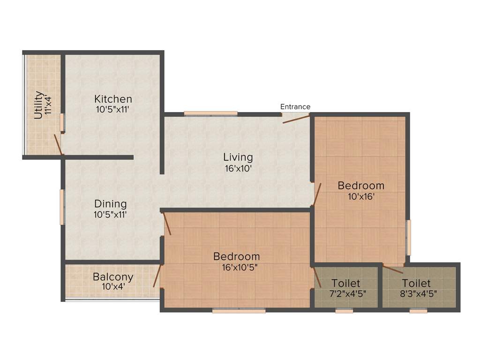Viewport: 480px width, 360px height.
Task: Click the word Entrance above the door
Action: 295,107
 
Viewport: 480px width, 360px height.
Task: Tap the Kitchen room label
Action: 113,99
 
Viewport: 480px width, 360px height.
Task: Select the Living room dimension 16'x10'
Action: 238,168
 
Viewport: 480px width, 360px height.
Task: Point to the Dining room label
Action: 111,204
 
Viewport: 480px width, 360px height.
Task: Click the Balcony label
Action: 113,277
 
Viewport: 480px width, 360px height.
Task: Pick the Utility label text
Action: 39,105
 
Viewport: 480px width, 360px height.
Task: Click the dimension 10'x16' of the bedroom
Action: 361,197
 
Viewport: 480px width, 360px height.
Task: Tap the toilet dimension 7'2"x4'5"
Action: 346,294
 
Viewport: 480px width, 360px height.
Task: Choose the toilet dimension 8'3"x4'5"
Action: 416,294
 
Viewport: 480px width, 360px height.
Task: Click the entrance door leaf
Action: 296,119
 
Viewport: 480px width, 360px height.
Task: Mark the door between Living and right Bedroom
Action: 317,194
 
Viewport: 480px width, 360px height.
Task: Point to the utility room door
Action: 58,144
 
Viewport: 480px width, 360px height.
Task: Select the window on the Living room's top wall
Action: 210,113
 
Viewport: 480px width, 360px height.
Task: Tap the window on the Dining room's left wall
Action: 61,207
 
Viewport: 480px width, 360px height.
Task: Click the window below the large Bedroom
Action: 239,310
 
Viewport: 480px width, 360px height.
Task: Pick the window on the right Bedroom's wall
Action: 408,238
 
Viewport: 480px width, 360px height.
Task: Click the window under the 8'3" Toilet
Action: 418,310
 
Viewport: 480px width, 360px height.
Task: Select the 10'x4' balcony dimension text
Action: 112,286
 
